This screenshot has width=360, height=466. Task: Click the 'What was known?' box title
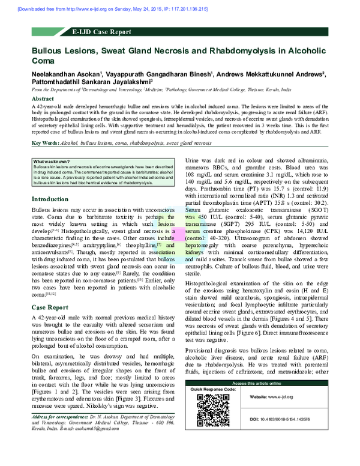pyautogui.click(x=52, y=162)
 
